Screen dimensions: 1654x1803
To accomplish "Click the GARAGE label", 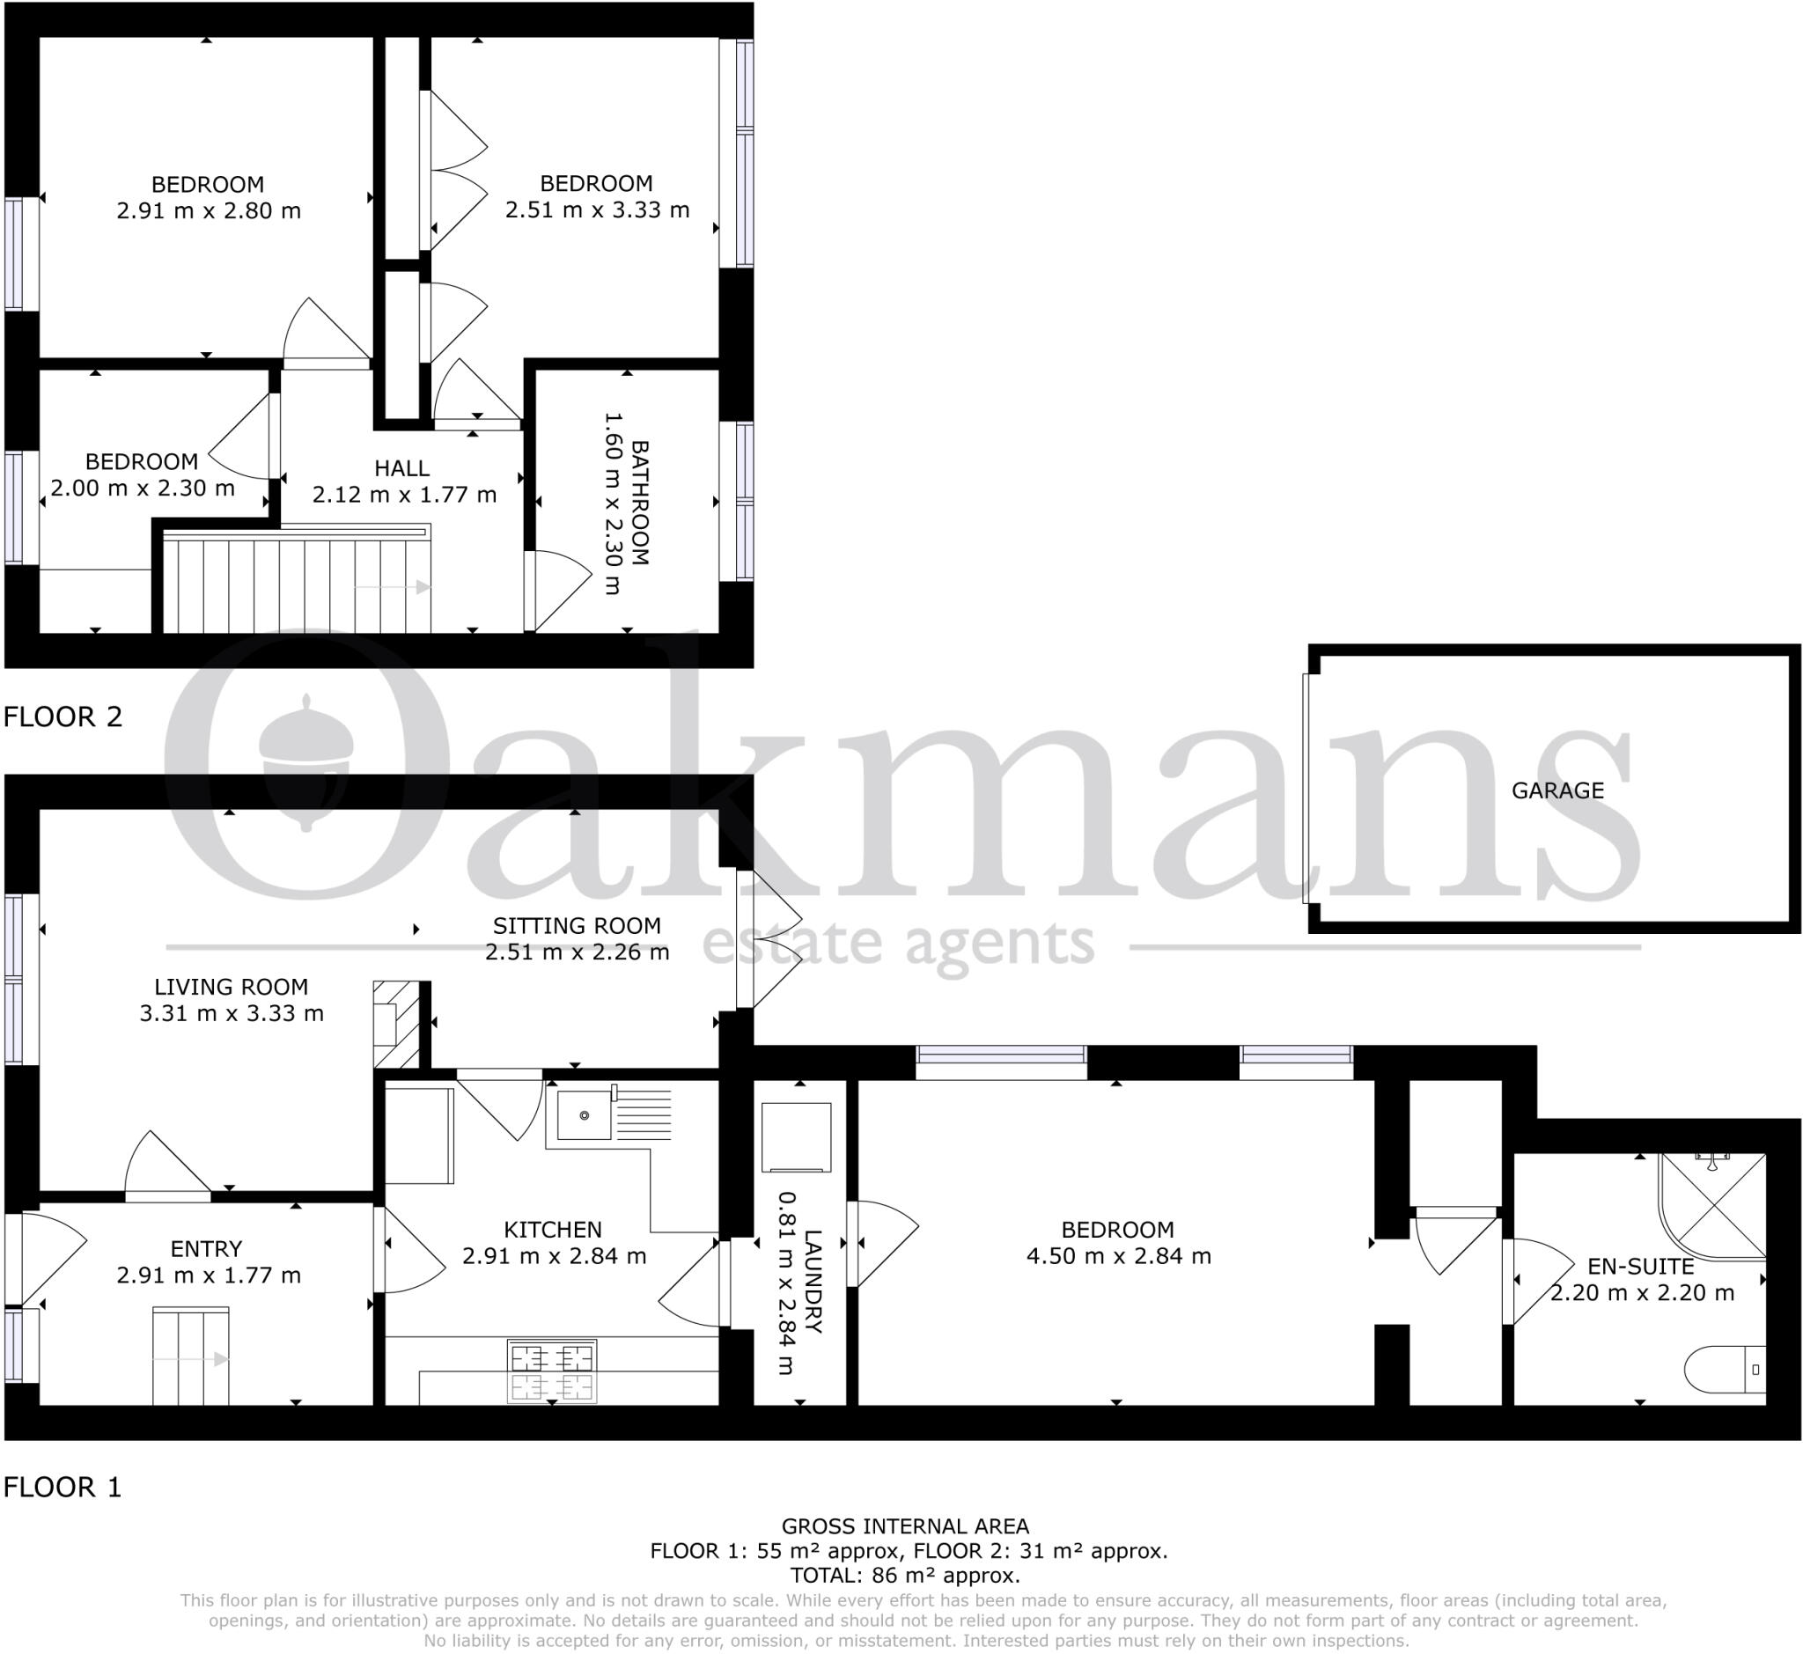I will [1556, 790].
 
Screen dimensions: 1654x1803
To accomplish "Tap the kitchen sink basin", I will [583, 1115].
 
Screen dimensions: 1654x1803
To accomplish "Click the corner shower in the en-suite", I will [1712, 1206].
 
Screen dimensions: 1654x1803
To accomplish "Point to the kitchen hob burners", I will [551, 1370].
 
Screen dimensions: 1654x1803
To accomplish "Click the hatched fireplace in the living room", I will [396, 1025].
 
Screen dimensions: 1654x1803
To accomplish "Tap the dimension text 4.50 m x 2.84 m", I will [1118, 1256].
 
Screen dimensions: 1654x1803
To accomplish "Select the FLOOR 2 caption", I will [63, 717].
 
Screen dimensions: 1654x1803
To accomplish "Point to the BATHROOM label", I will [639, 502].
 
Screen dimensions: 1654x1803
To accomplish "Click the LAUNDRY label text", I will [812, 1282].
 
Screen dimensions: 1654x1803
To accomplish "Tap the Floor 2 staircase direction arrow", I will [394, 587].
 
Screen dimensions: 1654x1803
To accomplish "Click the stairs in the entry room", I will [190, 1355].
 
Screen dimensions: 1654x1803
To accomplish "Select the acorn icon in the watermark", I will [306, 761].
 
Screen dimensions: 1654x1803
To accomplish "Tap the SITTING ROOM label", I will [577, 925].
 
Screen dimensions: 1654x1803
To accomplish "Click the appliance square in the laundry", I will [796, 1137].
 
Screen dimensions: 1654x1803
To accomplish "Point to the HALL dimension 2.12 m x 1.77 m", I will [404, 495].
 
